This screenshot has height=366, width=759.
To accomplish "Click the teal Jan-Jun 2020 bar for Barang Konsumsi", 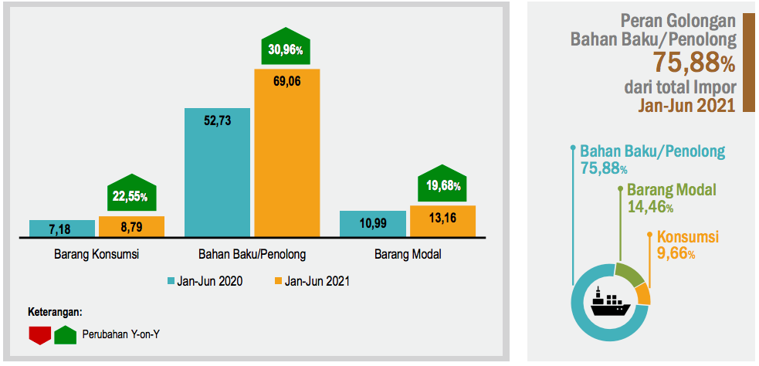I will click(x=62, y=229).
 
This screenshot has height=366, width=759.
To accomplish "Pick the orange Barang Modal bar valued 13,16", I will click(x=442, y=221).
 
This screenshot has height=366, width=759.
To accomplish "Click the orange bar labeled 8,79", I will click(x=131, y=227).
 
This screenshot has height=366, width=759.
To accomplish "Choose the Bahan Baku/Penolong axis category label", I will click(x=252, y=254).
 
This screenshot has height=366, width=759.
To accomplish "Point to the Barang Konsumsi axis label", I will click(x=97, y=254).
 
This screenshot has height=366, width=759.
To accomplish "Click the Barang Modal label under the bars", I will click(x=408, y=254).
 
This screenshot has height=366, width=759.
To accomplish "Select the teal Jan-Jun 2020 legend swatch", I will click(x=174, y=281).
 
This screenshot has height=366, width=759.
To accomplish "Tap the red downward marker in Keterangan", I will click(x=39, y=334).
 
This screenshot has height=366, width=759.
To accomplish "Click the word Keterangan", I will click(x=55, y=312).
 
